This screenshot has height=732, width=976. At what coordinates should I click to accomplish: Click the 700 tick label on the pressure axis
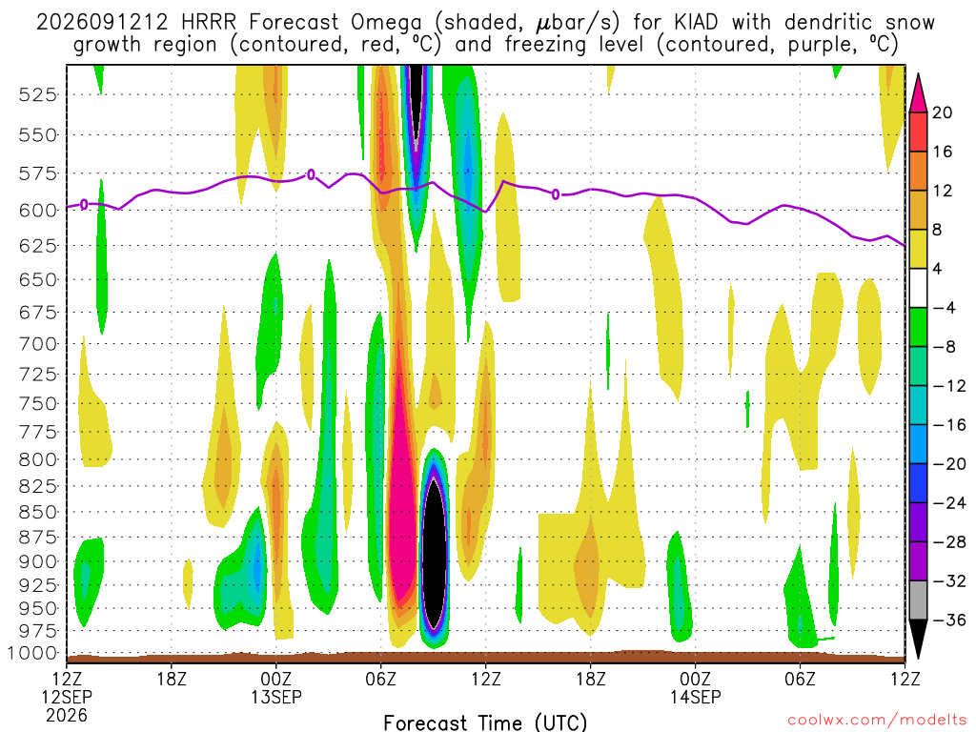[37, 343]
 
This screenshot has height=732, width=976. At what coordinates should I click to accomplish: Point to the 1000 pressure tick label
[31, 653]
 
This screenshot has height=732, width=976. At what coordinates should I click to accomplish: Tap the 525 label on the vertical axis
[37, 95]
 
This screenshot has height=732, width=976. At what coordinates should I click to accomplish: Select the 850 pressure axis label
[37, 512]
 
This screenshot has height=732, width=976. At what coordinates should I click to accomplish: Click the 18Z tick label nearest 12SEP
[172, 679]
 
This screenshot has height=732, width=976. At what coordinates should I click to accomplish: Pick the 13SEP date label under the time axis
[276, 697]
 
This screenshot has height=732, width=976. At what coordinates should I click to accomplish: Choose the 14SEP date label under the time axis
[695, 697]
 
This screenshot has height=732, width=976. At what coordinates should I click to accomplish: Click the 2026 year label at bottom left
[67, 715]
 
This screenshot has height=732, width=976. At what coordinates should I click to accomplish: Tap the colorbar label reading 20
[942, 112]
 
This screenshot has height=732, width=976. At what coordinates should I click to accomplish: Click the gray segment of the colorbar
[918, 600]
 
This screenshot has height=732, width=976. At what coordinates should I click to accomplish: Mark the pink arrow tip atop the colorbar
[918, 74]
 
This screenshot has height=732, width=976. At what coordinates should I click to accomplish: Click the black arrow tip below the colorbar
[918, 658]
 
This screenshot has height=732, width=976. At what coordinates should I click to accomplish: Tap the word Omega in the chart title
[386, 23]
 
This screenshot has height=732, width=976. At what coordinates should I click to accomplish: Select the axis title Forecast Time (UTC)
[485, 722]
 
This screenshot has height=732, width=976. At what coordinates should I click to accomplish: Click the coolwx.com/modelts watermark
[877, 721]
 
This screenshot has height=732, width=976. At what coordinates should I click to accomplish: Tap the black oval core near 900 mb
[434, 553]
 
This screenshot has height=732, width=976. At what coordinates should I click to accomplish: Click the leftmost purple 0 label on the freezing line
[84, 205]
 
